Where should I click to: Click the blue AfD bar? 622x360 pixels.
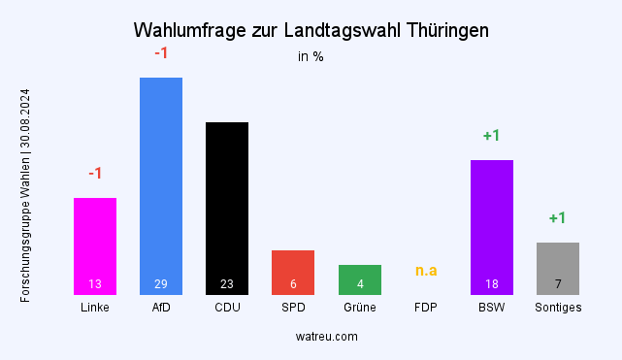[161, 175]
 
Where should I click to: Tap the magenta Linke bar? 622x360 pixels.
[95, 238]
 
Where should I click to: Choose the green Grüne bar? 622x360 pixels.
[360, 276]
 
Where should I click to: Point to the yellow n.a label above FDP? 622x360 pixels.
[426, 270]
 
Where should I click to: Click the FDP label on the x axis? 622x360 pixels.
[426, 308]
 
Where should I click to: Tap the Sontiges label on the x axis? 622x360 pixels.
[558, 308]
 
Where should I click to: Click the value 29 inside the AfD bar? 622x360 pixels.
[161, 284]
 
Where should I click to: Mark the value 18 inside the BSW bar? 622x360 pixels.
[492, 284]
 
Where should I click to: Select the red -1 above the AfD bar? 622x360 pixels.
[161, 53]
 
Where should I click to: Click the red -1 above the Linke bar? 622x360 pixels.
[95, 174]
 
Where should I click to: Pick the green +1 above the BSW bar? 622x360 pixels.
[492, 136]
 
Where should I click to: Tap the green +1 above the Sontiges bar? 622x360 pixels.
[558, 218]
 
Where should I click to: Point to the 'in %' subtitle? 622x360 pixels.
[311, 56]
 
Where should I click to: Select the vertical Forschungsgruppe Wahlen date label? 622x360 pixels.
[25, 195]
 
